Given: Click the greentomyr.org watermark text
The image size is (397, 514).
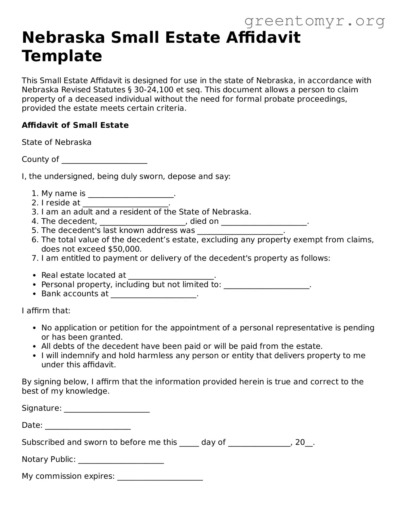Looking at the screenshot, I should point(314,21).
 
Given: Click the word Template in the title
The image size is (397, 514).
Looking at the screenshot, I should point(62,56).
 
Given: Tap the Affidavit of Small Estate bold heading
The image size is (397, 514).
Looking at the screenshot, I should point(75,125).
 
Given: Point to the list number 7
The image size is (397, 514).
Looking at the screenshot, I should point(35,258).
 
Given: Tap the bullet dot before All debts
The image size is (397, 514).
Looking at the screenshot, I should point(35,346).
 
